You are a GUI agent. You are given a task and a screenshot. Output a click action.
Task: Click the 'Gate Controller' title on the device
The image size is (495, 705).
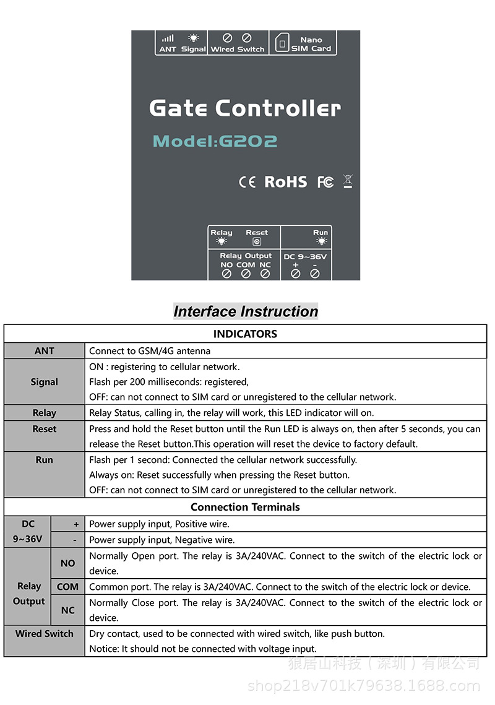pos(245,108)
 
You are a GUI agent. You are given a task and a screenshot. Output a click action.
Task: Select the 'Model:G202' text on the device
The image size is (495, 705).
pos(215,141)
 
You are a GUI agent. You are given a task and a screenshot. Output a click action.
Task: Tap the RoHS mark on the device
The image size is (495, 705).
pos(285,181)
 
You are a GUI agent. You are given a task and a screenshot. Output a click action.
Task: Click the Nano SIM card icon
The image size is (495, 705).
pos(282,43)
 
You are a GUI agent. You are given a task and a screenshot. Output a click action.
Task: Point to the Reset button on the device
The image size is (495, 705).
pos(257,242)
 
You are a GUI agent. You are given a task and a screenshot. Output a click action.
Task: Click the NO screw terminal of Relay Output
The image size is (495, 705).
pos(226,274)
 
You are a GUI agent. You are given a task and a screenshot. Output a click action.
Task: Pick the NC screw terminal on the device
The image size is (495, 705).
pos(265,274)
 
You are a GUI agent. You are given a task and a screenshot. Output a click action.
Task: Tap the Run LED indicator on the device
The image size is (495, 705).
pos(321,241)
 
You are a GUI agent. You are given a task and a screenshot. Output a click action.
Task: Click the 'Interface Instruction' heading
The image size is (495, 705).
pos(246,311)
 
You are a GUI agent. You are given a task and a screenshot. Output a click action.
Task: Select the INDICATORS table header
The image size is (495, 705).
pos(245,334)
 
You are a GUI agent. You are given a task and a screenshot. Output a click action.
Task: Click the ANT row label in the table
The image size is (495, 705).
pos(45,351)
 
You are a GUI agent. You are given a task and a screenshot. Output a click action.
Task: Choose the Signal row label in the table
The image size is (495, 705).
pos(45,382)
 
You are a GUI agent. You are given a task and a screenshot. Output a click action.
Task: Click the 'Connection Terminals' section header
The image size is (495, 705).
pos(245,507)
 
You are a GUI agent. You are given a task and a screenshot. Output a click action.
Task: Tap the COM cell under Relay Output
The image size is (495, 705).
pos(68,586)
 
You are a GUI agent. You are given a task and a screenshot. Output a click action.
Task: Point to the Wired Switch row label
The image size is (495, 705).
pos(45,634)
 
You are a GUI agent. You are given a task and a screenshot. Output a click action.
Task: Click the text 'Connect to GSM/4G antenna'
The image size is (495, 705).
pos(150,351)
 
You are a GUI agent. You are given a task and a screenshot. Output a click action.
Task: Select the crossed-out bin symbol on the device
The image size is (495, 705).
pos(348,181)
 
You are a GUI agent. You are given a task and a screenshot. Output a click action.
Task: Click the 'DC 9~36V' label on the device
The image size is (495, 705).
pos(305,256)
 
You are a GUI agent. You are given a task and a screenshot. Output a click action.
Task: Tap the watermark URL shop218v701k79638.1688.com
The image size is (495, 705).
pos(363,685)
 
